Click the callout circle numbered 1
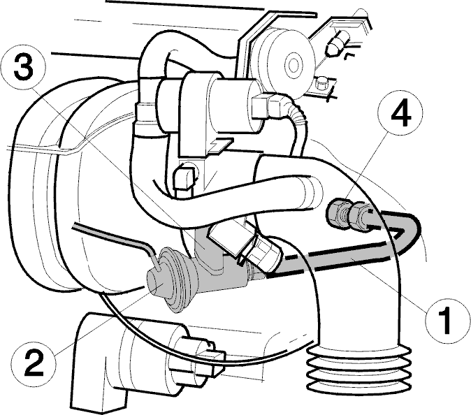pyautogui.click(x=448, y=321)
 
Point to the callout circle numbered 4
pyautogui.click(x=401, y=112)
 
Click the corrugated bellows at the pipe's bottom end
pyautogui.click(x=358, y=370)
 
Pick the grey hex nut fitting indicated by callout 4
pyautogui.click(x=349, y=214)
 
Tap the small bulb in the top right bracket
pyautogui.click(x=338, y=43)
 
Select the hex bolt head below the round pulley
pyautogui.click(x=322, y=83)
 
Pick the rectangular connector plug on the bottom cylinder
pyautogui.click(x=212, y=359)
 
